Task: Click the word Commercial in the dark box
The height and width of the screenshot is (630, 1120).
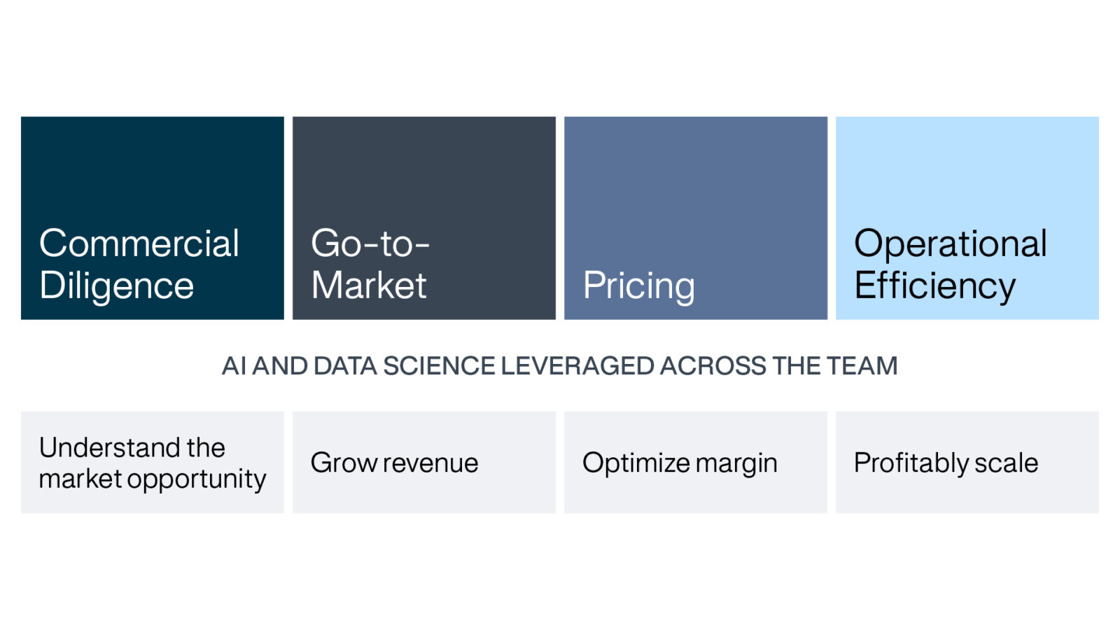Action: (139, 244)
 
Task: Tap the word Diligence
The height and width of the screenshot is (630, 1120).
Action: (116, 286)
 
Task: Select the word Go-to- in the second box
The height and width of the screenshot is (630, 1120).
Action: (370, 244)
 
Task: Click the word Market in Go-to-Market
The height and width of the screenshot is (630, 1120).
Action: (368, 286)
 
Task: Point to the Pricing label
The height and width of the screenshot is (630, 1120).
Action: (638, 286)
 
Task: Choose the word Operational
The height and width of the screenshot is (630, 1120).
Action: (950, 244)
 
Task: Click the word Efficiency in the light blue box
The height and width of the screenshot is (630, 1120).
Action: (934, 286)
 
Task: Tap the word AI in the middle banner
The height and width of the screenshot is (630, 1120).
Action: (234, 366)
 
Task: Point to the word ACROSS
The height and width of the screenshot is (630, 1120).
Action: (713, 366)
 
